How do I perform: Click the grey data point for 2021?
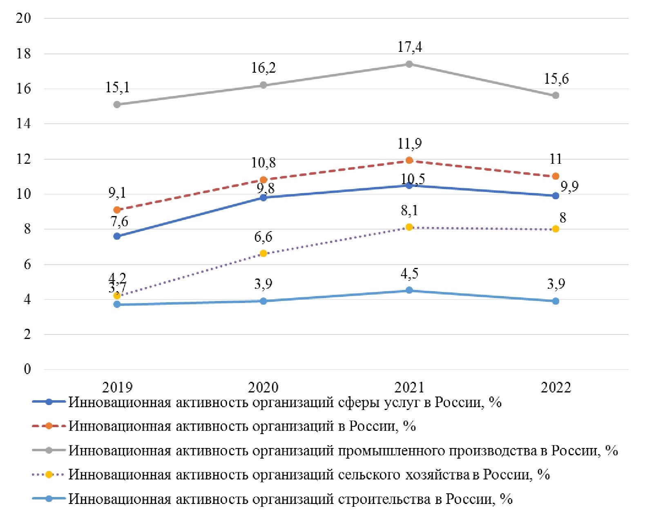point(409,64)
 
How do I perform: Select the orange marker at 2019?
point(117,210)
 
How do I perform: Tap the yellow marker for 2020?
point(263,254)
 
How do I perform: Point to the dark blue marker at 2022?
point(556,196)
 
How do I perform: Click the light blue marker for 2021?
point(409,290)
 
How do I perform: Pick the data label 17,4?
point(410,47)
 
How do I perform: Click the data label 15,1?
point(117,87)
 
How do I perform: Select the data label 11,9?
point(410,144)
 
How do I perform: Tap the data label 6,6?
point(263,237)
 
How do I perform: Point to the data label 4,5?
point(409,274)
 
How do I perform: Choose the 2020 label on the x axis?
point(263,387)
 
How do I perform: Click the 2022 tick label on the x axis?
point(556,387)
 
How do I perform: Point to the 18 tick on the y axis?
point(23,53)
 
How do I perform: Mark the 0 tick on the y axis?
point(27,369)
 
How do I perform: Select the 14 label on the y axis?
point(23,124)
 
